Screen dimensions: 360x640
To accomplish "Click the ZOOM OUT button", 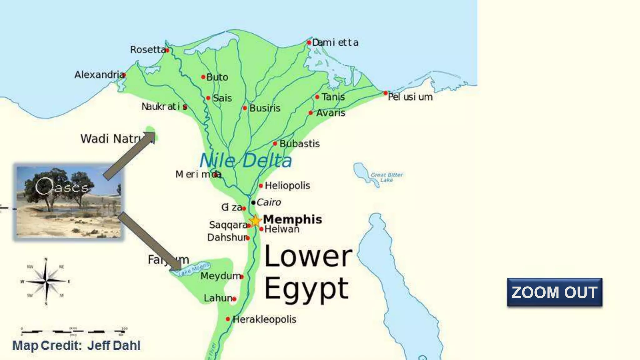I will coord(554,292).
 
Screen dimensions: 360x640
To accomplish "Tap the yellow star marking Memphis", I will coord(255,221).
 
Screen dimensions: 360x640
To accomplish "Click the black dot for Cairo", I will coord(253,202).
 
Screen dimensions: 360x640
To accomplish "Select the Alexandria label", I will coord(99,75).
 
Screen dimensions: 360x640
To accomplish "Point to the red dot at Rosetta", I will coord(167,50).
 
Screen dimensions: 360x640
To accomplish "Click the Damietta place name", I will coord(335,42).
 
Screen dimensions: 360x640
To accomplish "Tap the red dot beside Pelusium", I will coord(385,93).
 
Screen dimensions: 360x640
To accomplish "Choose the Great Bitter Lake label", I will coord(387,177).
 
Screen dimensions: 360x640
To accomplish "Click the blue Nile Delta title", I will coord(246,161).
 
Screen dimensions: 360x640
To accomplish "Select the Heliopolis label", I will coord(287,186).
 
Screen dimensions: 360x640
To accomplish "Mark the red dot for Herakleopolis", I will coord(228,319).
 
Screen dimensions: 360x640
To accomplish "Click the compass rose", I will coord(46,281).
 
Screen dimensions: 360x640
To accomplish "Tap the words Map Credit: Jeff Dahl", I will coord(76,346).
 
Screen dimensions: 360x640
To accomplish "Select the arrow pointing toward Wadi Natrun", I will coord(129,156).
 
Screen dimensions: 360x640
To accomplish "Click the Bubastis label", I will coord(299,144).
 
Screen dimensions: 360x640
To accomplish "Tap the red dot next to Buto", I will coord(203,77).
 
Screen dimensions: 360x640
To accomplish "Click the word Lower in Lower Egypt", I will coord(308,257).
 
